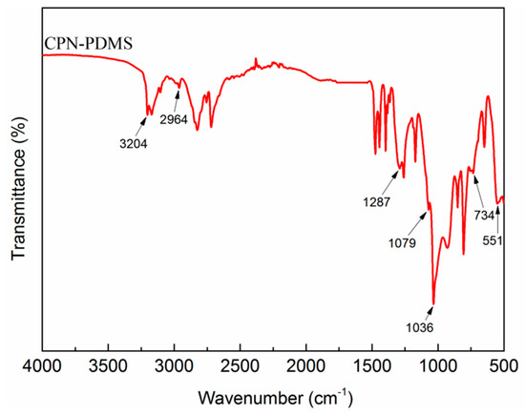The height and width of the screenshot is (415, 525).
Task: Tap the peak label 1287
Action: click(373, 203)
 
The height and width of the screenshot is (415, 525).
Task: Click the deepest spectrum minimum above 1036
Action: click(433, 303)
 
